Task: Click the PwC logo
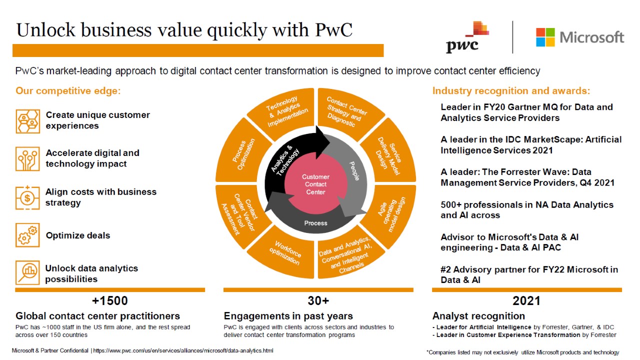point(467,37)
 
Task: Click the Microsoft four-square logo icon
point(545,37)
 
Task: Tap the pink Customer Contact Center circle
point(315,184)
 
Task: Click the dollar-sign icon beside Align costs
point(27,197)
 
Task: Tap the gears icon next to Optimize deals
point(27,235)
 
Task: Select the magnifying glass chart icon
point(27,272)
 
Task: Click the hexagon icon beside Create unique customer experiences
point(27,121)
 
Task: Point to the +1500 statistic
point(110,301)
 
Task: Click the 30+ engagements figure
point(318,301)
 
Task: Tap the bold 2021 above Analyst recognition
point(526,301)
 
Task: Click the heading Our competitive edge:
point(68,91)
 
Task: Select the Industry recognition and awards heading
point(511,91)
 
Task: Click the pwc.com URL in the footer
point(183,350)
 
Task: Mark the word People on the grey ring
point(354,171)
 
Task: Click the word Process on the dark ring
point(315,223)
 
